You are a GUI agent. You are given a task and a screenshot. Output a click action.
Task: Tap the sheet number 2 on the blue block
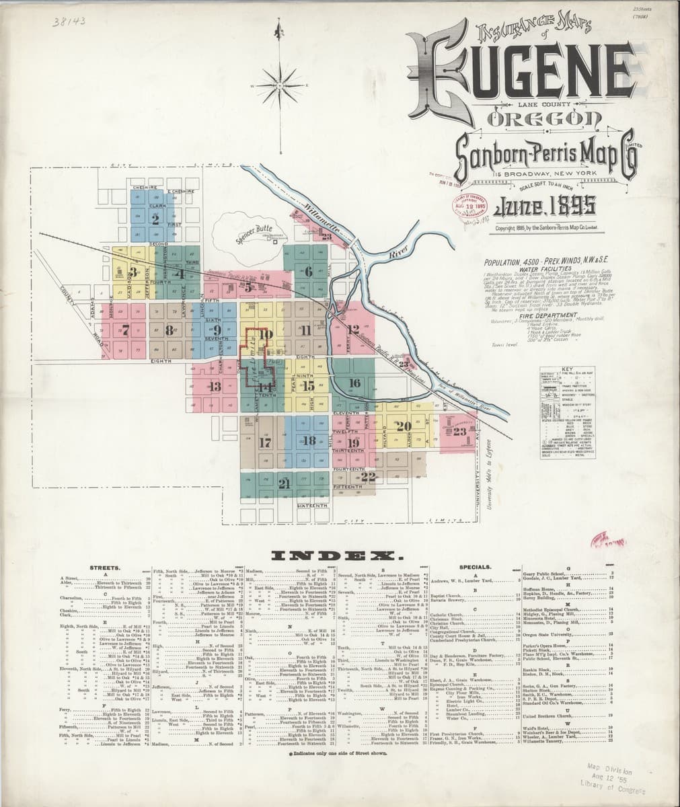coord(155,219)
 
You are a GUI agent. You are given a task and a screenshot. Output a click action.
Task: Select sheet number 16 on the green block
coord(354,383)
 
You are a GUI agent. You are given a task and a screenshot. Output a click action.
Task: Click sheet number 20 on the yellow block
coord(404,426)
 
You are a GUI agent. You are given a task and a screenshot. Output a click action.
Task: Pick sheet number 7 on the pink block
coord(125,330)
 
